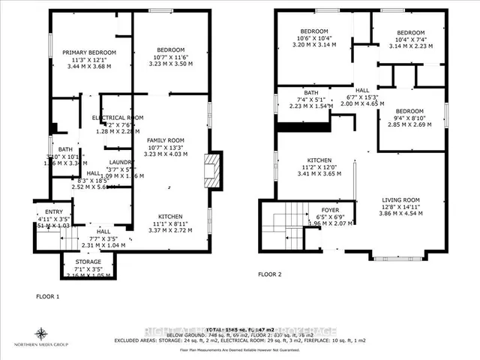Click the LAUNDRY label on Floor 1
point(100,162)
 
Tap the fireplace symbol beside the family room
point(214,170)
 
